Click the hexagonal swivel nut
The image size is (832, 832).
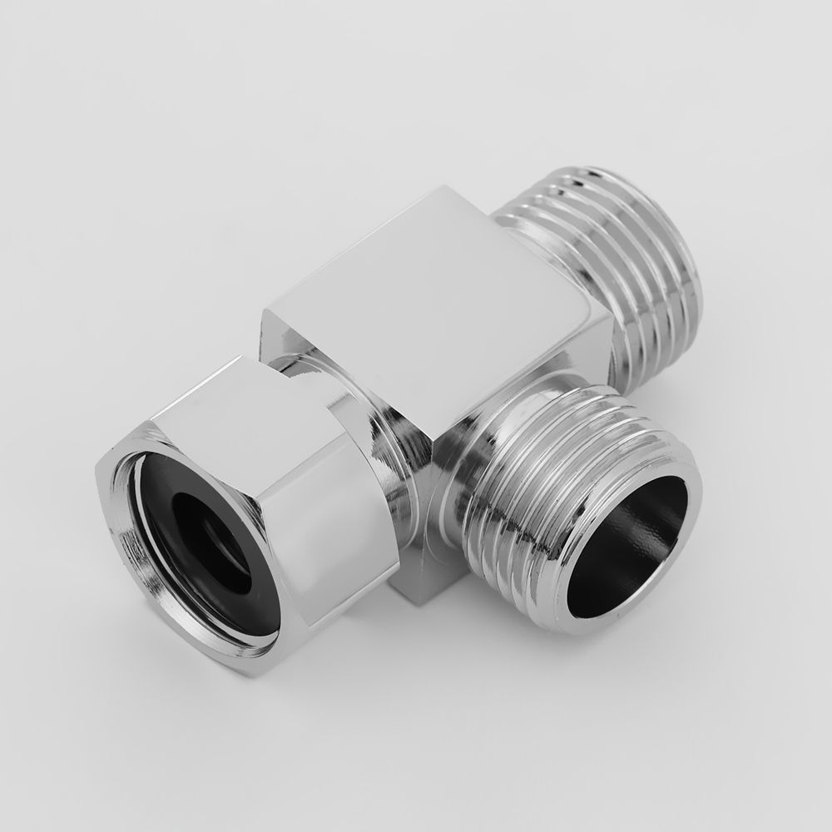point(250,499)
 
